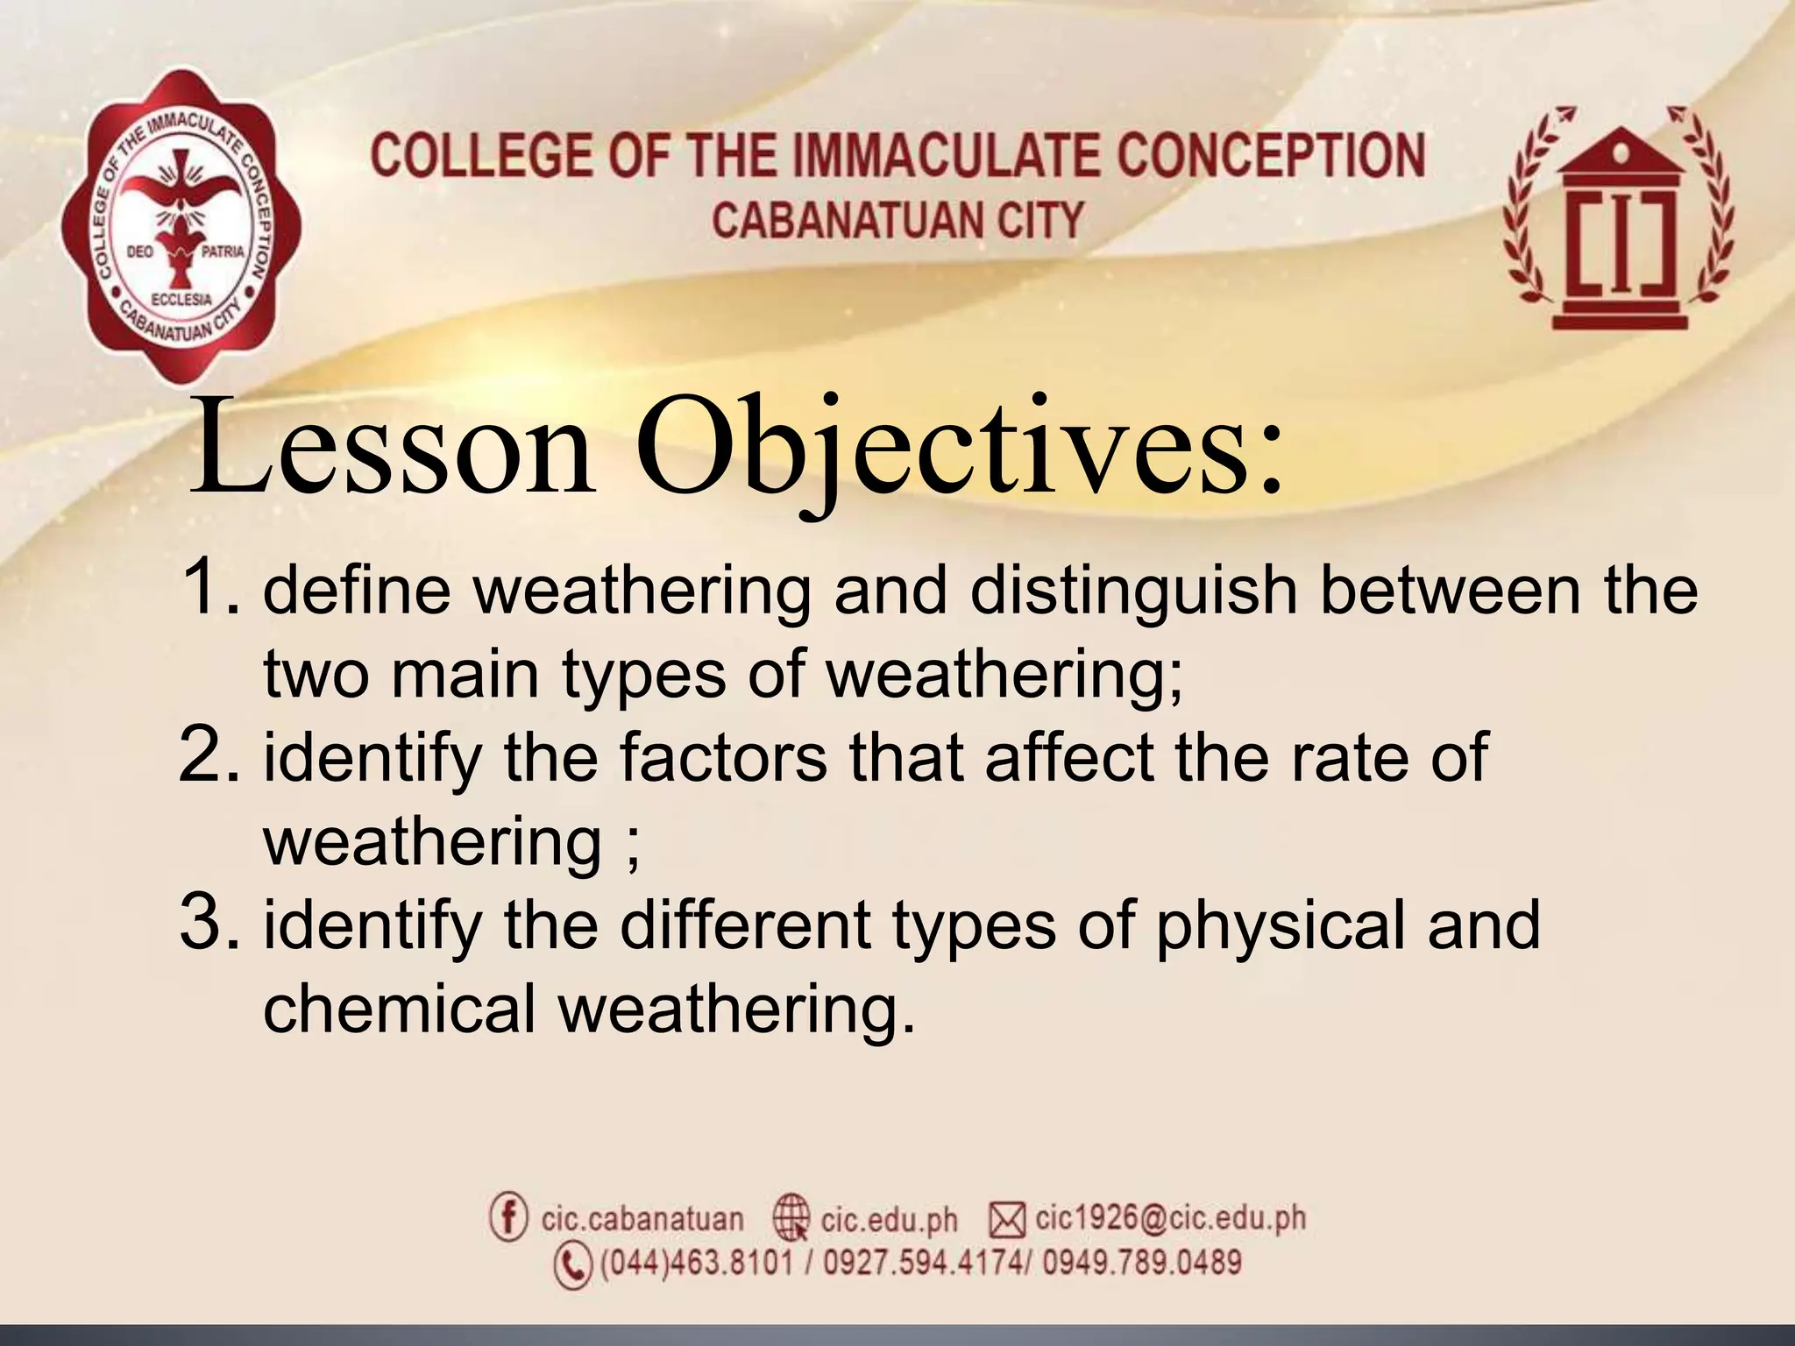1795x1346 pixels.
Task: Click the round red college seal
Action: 181,228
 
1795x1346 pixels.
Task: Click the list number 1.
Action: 209,589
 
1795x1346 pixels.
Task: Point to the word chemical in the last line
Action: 399,1009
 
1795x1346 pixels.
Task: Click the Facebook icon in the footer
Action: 508,1217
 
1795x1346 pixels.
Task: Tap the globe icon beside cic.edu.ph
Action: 791,1218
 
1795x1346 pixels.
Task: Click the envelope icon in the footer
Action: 1007,1219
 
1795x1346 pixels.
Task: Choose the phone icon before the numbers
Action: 573,1265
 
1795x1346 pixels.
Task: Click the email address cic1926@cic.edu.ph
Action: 1170,1218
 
